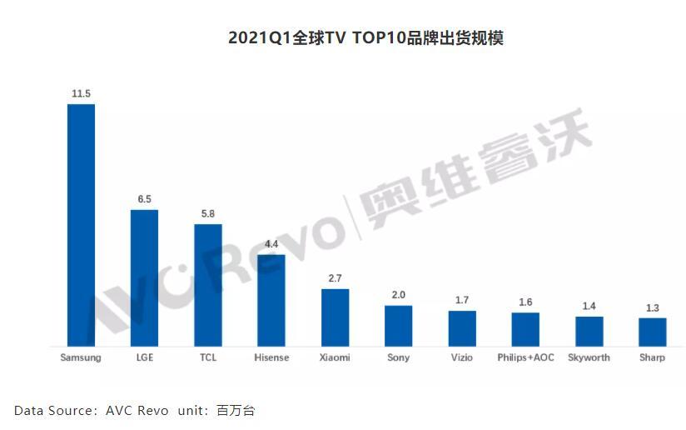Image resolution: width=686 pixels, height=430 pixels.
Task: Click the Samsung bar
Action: tap(81, 225)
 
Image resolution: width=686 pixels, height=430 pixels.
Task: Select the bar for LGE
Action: tap(144, 277)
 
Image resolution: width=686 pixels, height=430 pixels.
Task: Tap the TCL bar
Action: tap(208, 285)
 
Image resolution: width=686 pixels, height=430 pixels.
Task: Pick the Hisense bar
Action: tap(271, 300)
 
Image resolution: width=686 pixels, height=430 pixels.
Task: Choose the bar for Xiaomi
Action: tap(335, 317)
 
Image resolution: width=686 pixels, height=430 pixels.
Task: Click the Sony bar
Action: tap(398, 326)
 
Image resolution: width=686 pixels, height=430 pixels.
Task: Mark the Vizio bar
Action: tap(462, 328)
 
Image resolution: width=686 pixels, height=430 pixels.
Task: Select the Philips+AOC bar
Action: tap(525, 329)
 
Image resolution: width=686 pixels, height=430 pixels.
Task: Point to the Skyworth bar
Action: tap(589, 332)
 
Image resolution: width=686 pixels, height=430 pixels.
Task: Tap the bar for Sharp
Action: tap(653, 332)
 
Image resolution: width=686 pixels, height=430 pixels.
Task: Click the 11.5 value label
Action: tap(81, 94)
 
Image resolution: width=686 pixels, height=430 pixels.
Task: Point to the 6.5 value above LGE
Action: tap(144, 200)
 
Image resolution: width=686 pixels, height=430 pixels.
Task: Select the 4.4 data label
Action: tap(271, 244)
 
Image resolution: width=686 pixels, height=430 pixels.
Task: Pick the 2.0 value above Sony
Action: tap(398, 296)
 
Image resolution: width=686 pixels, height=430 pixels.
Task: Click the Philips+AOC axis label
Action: tap(525, 357)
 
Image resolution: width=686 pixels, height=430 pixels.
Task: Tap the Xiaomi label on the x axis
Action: tap(335, 357)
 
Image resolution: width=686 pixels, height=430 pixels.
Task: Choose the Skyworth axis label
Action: tap(589, 357)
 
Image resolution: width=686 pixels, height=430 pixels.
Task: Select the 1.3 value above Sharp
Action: tap(653, 308)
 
